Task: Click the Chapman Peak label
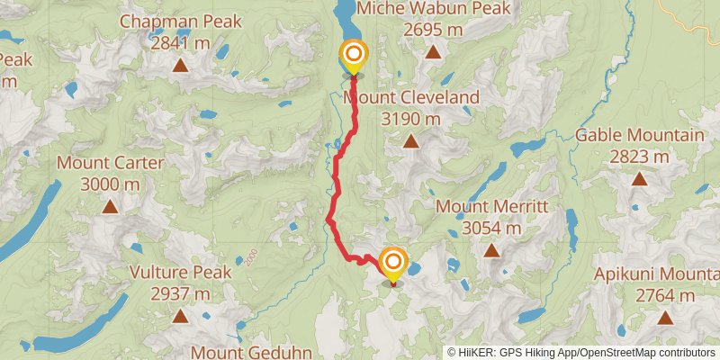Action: point(180,20)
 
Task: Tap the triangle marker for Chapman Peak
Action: point(180,65)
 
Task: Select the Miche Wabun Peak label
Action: point(433,9)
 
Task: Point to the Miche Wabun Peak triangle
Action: point(433,52)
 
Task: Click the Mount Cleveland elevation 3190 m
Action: point(410,118)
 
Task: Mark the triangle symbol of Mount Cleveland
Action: point(410,140)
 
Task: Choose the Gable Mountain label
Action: point(639,135)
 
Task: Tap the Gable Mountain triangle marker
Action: point(639,178)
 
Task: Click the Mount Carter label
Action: point(110,163)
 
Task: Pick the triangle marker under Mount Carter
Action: point(110,206)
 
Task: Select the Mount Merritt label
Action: point(490,206)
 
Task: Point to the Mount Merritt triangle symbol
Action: point(490,249)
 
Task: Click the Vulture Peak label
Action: point(180,272)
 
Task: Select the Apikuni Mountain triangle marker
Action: point(665,317)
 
